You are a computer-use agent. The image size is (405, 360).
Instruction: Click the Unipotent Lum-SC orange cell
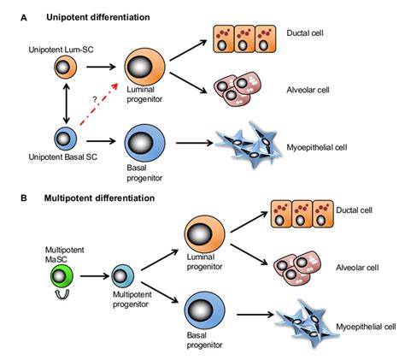(63, 67)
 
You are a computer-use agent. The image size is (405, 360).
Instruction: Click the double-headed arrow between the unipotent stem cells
(63, 102)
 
